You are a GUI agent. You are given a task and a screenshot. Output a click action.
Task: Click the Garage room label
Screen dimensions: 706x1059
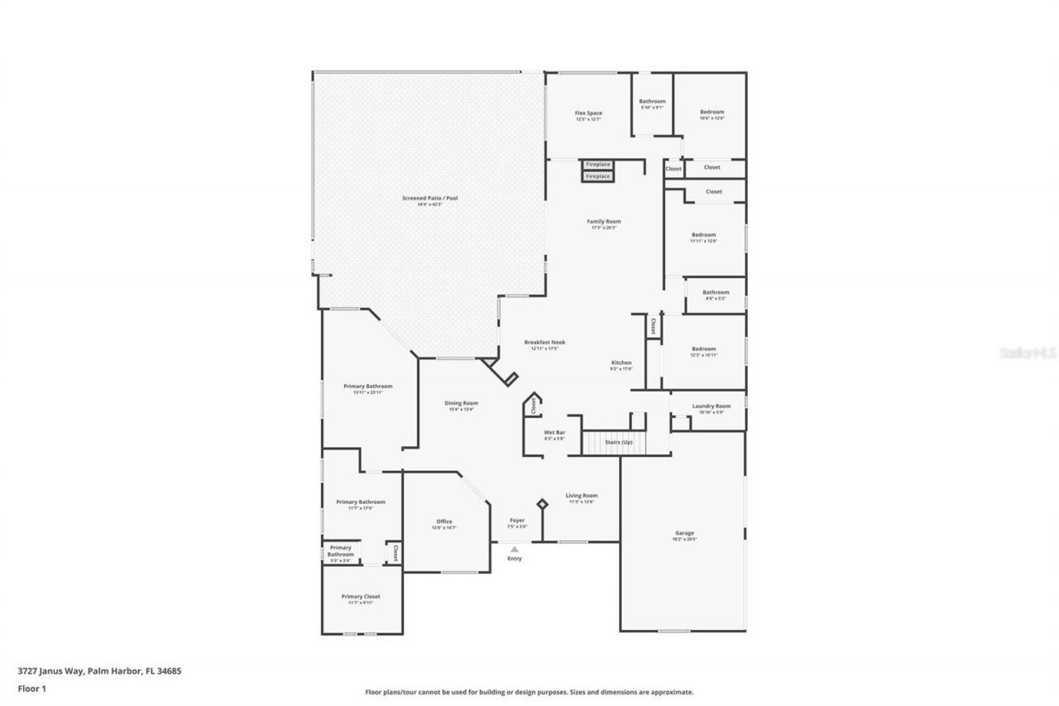click(x=684, y=533)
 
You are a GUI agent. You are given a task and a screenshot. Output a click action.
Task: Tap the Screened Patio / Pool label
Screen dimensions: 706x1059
click(x=422, y=199)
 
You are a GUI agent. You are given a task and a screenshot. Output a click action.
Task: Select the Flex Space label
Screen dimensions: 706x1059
click(x=588, y=113)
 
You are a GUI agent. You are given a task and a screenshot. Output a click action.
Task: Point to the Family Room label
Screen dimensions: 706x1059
click(x=604, y=222)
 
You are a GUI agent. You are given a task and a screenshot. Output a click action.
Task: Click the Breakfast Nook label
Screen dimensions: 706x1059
click(x=544, y=343)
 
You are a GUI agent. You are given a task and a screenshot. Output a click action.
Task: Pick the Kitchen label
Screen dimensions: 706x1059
click(x=621, y=363)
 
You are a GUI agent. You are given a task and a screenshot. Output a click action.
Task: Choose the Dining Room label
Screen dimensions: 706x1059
click(x=461, y=403)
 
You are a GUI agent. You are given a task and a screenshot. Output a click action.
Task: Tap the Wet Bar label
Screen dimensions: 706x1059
click(x=554, y=433)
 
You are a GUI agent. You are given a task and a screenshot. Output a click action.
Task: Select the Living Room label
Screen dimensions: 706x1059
click(x=582, y=496)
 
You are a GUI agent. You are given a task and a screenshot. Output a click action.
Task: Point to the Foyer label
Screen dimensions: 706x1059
click(x=516, y=521)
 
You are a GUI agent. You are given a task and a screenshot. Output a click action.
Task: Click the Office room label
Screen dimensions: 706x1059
click(x=444, y=521)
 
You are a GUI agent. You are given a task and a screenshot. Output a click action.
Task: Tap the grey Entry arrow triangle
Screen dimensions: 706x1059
click(x=515, y=549)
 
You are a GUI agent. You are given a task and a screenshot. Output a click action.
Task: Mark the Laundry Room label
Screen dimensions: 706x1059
click(x=712, y=406)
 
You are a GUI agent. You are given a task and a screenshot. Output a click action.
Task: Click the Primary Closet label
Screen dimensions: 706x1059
click(x=361, y=597)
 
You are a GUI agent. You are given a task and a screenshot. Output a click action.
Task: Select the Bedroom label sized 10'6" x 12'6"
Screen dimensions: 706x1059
click(x=712, y=113)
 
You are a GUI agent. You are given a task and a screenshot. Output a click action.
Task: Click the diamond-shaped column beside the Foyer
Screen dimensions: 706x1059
click(x=543, y=503)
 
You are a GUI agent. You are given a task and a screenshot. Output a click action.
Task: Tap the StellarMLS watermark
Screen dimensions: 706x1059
click(x=1028, y=353)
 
